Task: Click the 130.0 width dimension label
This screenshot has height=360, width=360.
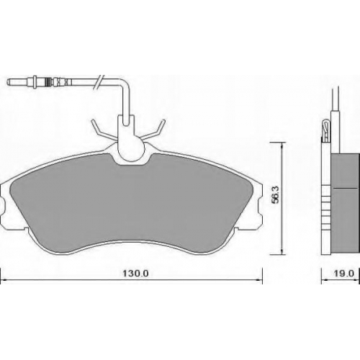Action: click(x=136, y=274)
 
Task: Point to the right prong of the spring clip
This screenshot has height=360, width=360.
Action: click(x=153, y=130)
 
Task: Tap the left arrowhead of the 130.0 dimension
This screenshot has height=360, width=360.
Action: click(x=3, y=280)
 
